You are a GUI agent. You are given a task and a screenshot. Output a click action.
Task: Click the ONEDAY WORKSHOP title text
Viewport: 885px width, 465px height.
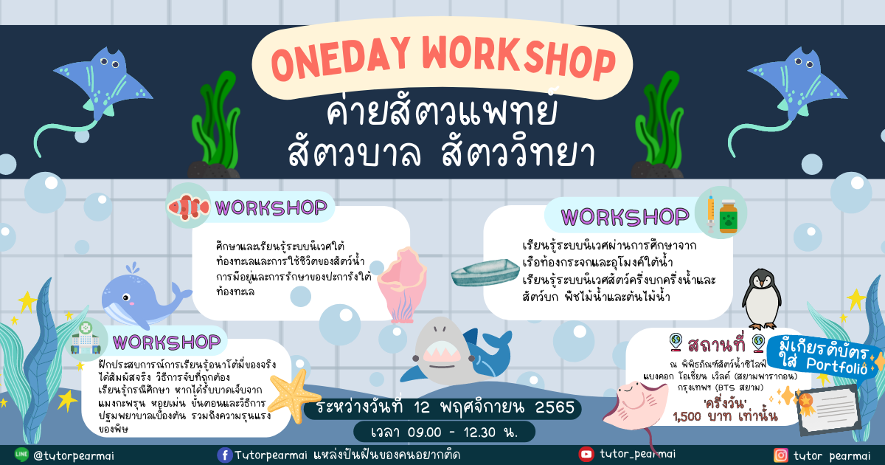coord(443,58)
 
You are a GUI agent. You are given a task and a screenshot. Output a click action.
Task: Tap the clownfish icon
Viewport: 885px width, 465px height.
coord(189,207)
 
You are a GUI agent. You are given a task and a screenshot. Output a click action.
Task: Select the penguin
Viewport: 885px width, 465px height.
coord(762,299)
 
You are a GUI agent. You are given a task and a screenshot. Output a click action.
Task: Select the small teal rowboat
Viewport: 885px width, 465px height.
coord(485,272)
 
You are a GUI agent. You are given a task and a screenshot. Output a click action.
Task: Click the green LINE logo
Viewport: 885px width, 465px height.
coord(21,455)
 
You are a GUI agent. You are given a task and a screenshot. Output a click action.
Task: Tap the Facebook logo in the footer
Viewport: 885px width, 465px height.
coord(224,455)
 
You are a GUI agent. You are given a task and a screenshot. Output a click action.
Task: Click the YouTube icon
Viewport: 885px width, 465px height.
coord(586,454)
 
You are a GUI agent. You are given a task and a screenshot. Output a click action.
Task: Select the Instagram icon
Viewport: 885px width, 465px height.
coord(780,455)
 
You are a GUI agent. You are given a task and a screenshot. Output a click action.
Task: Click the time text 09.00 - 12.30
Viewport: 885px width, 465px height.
coord(444,433)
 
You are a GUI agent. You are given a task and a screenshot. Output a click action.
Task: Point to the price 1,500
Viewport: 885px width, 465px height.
coord(687,416)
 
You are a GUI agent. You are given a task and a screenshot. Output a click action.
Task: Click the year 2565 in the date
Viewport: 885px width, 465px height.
coord(555,407)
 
